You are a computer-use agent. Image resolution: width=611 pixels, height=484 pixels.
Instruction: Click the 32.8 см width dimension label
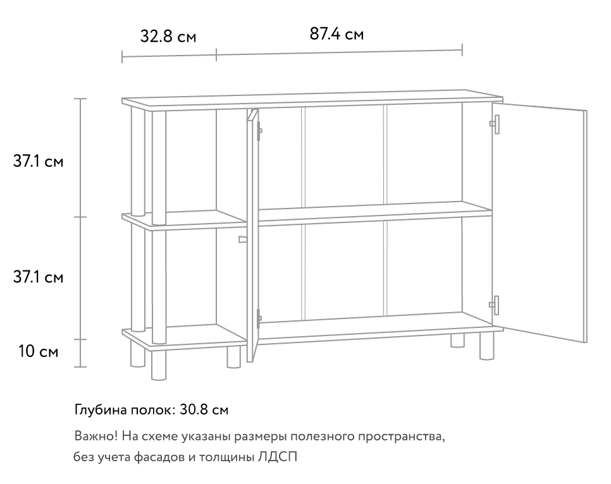tap(168, 36)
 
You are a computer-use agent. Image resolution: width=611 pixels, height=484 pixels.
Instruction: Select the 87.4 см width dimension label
tap(336, 34)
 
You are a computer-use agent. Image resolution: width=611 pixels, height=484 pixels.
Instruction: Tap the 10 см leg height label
tap(38, 351)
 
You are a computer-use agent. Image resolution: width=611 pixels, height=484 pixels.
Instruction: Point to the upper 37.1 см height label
tap(38, 161)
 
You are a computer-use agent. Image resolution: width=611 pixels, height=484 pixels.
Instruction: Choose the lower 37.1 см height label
tap(38, 277)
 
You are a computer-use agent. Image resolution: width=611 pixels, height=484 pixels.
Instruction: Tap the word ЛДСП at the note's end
tap(278, 456)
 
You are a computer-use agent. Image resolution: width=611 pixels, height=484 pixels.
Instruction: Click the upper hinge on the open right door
tap(495, 124)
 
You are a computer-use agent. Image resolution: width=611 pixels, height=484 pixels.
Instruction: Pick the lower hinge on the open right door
tap(495, 305)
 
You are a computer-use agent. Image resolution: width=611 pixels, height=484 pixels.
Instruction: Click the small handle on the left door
tap(243, 239)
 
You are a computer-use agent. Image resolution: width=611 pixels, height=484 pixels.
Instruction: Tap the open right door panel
tap(540, 222)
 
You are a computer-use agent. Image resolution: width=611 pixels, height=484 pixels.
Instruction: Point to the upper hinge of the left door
tap(259, 131)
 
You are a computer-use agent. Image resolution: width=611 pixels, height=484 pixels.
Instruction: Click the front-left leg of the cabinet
tap(159, 365)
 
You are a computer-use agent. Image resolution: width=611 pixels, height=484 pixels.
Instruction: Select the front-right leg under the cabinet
tap(486, 346)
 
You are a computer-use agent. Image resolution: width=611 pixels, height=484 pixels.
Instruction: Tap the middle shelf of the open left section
tap(184, 221)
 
